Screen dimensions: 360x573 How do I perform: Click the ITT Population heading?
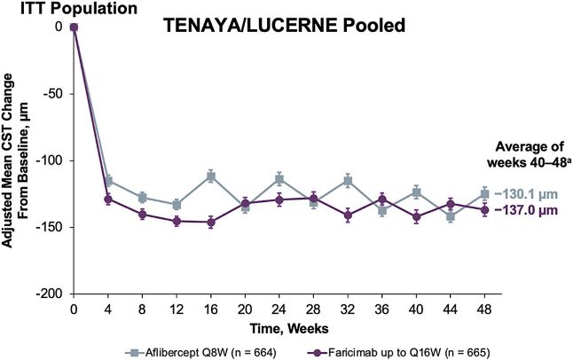[x=55, y=9]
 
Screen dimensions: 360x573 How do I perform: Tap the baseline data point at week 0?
[x=75, y=27]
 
